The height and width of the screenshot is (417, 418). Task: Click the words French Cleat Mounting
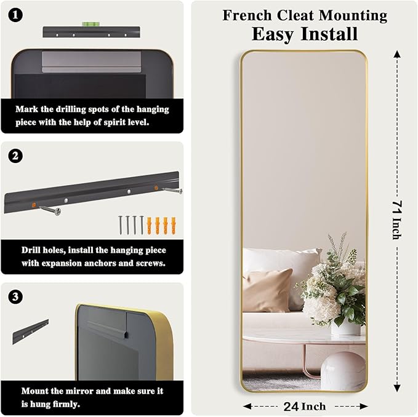pos(305,15)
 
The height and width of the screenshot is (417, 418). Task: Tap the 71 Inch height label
pos(397,220)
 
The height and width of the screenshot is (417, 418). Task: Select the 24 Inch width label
pos(305,406)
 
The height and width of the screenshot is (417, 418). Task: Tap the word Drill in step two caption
pos(31,250)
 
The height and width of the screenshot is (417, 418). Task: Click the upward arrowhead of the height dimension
pos(397,54)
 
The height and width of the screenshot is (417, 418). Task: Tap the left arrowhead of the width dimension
pos(247,406)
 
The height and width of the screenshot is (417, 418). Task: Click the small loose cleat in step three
pos(30,331)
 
